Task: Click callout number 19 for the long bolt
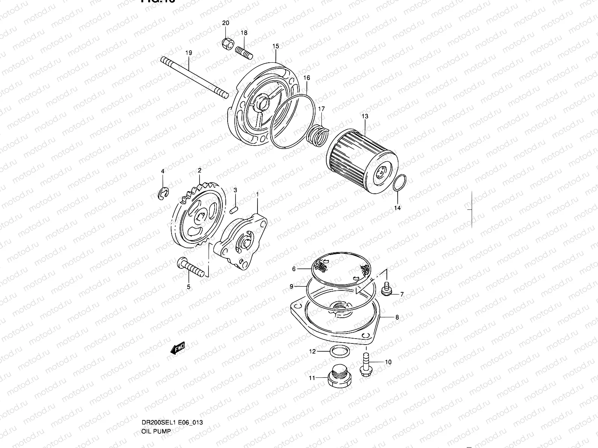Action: point(188,53)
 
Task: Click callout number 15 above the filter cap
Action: point(275,46)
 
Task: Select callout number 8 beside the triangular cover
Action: point(397,317)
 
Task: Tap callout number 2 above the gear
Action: point(200,170)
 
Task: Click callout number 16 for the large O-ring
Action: point(307,78)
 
